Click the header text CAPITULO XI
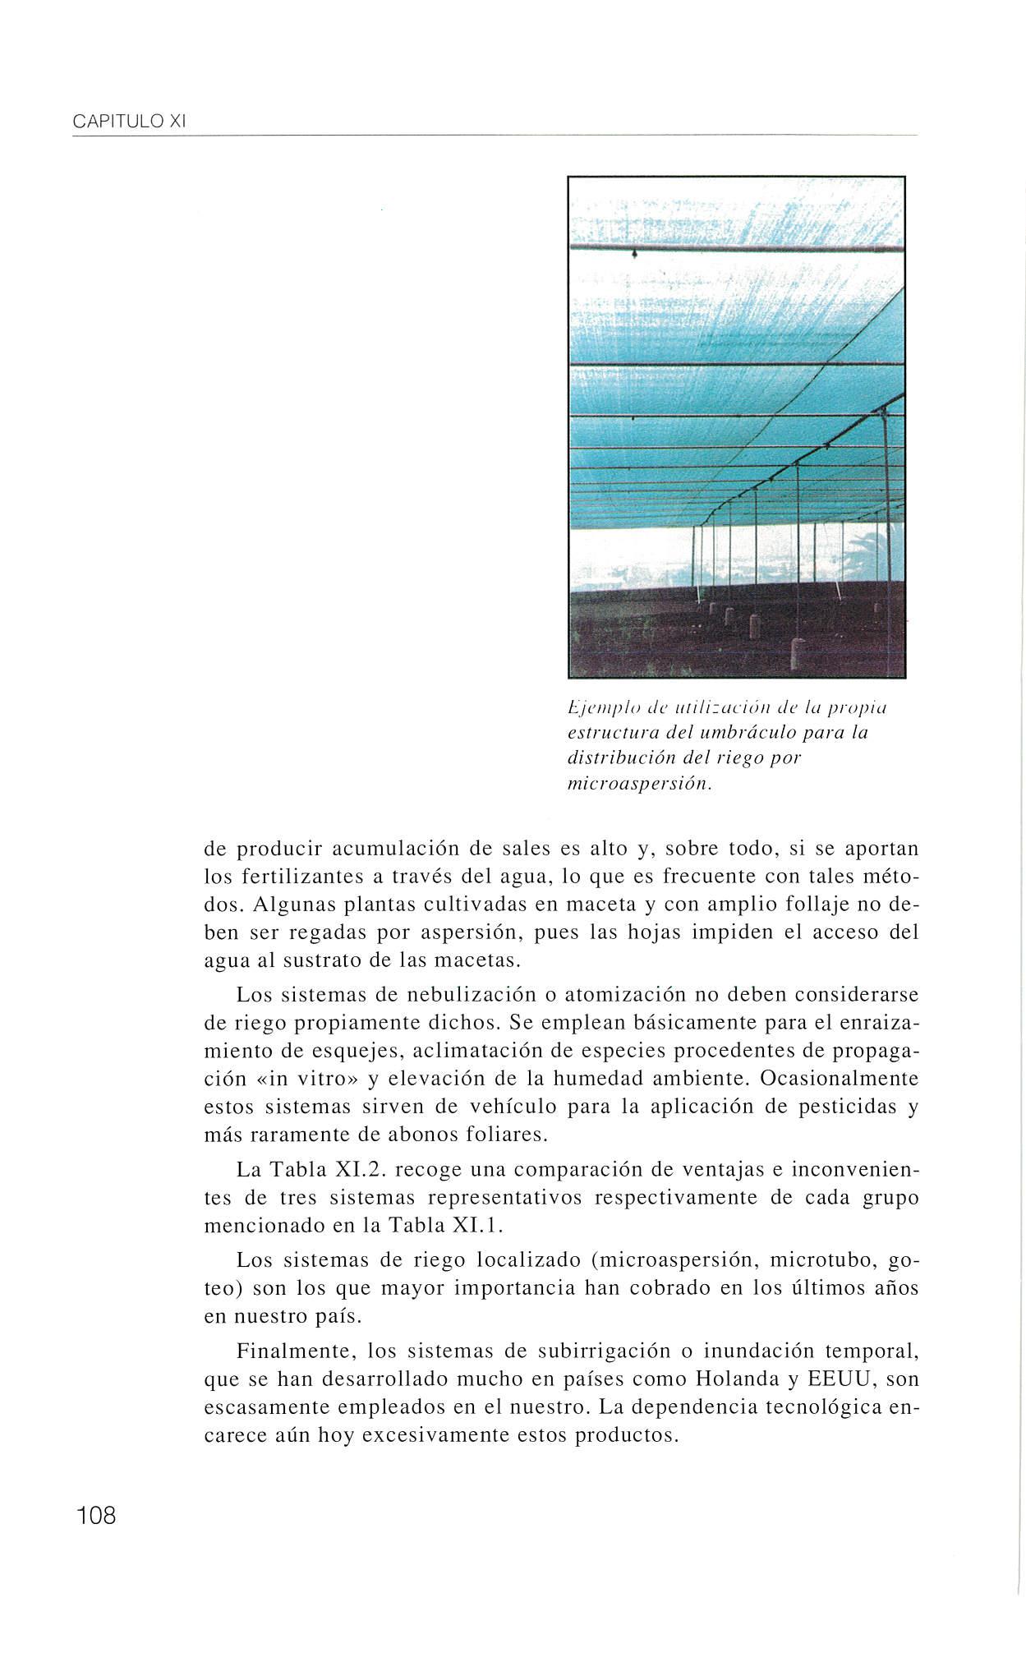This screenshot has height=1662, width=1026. [x=131, y=122]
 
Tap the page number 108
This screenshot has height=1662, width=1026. [x=97, y=1514]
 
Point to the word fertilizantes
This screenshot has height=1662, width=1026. [x=300, y=876]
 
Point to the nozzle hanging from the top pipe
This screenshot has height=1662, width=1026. [x=634, y=256]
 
